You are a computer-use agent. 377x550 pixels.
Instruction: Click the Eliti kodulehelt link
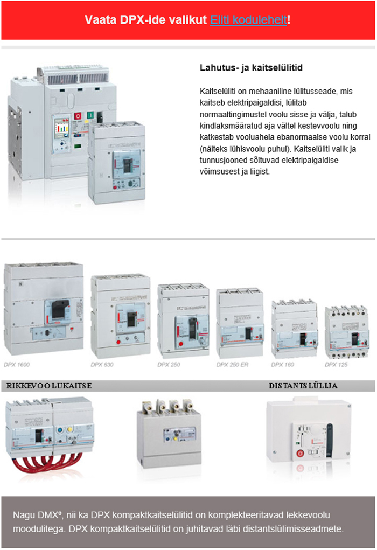pyautogui.click(x=249, y=19)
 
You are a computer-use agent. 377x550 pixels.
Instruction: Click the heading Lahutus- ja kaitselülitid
pyautogui.click(x=251, y=68)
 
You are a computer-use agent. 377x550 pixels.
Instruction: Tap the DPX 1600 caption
pyautogui.click(x=17, y=365)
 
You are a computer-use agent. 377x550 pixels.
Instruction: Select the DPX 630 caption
pyautogui.click(x=102, y=365)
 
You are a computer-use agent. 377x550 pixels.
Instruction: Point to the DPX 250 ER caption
pyautogui.click(x=232, y=365)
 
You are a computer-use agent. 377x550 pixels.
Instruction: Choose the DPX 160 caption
pyautogui.click(x=282, y=365)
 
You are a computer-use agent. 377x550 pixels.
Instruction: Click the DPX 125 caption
pyautogui.click(x=336, y=365)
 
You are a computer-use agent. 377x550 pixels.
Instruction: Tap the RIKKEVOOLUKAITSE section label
pyautogui.click(x=49, y=386)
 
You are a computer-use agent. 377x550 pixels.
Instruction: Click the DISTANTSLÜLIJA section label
pyautogui.click(x=303, y=386)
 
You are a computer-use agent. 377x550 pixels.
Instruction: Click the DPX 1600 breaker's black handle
pyautogui.click(x=60, y=309)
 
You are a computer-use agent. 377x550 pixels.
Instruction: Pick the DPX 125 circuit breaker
pyautogui.click(x=346, y=332)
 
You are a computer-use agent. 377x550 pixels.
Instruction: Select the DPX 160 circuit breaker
pyautogui.click(x=295, y=329)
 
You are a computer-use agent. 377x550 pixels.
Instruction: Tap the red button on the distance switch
pyautogui.click(x=300, y=453)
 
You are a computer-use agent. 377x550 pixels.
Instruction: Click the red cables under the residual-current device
pyautogui.click(x=46, y=464)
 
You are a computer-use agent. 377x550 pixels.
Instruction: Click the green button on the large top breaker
pyautogui.click(x=90, y=115)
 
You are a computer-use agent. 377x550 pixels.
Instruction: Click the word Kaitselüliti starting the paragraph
pyautogui.click(x=218, y=91)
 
